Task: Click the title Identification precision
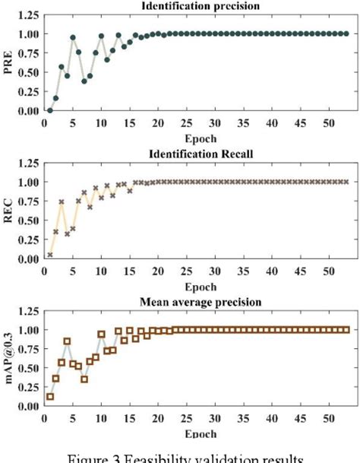pyautogui.click(x=197, y=6)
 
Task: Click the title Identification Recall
pyautogui.click(x=197, y=154)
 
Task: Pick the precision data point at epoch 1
pyautogui.click(x=49, y=110)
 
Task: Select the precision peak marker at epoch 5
pyautogui.click(x=73, y=37)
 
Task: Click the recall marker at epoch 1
pyautogui.click(x=49, y=255)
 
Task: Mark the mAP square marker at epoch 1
pyautogui.click(x=49, y=397)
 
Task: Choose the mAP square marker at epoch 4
pyautogui.click(x=67, y=341)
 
